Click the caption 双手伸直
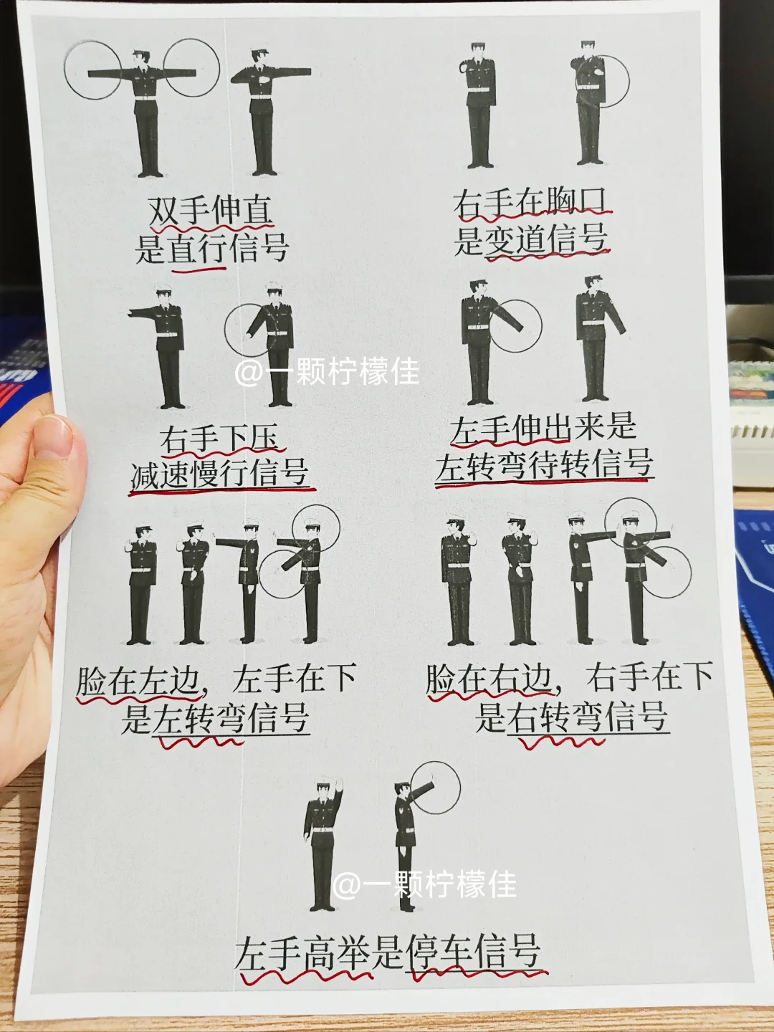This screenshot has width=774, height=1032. coord(210,211)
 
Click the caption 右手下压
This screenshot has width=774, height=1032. coord(219,439)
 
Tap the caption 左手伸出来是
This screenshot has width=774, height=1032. coord(543,429)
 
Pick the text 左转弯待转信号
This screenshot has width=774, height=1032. coord(544,464)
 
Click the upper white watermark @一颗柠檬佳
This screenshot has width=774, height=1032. coord(328,373)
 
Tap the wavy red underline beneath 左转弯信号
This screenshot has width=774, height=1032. coord(201,742)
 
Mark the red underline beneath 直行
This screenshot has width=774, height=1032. coord(199,270)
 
